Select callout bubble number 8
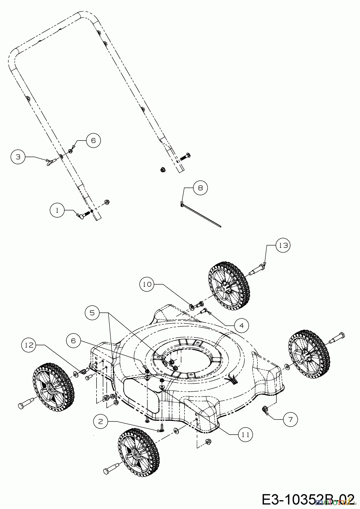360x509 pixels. point(200,188)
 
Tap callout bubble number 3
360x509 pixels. point(18,157)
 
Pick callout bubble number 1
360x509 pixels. point(57,211)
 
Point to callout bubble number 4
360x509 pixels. point(241,325)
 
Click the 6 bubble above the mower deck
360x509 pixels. point(74,341)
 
